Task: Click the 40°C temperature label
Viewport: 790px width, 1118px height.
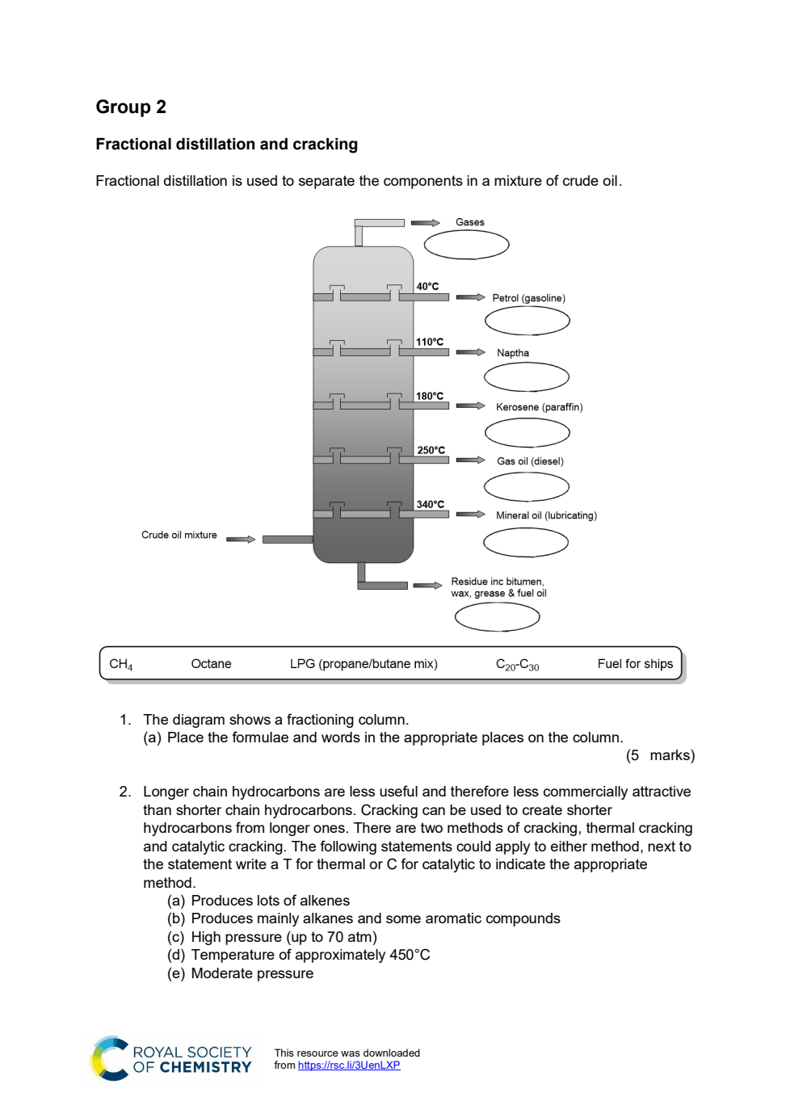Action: point(427,287)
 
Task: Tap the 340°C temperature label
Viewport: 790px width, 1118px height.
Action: point(431,505)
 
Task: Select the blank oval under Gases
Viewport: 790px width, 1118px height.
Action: point(467,245)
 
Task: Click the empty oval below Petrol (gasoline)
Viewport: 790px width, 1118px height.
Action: point(527,321)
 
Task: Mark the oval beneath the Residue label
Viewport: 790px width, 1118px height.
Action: point(497,617)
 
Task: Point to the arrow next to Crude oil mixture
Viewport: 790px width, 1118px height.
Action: point(241,539)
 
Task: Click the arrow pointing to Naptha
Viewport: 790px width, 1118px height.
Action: point(470,352)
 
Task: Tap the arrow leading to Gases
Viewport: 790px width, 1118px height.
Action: point(425,223)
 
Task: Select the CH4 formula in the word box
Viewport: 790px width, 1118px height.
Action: point(121,664)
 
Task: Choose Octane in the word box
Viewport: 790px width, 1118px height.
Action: point(211,664)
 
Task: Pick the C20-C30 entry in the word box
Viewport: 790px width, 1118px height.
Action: point(517,665)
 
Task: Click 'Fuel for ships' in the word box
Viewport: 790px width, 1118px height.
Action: point(635,664)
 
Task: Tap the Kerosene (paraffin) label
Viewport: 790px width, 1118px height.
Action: point(539,407)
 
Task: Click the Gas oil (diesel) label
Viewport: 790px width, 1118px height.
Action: point(530,462)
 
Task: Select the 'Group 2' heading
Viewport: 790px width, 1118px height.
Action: point(131,107)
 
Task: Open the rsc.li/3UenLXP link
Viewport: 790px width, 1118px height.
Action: point(349,1065)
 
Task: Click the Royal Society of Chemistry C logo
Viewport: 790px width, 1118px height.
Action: point(110,1058)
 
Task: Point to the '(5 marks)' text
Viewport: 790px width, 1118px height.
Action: point(660,755)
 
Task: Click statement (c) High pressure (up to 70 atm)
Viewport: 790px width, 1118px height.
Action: point(272,937)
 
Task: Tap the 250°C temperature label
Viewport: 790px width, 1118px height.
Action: point(431,450)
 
